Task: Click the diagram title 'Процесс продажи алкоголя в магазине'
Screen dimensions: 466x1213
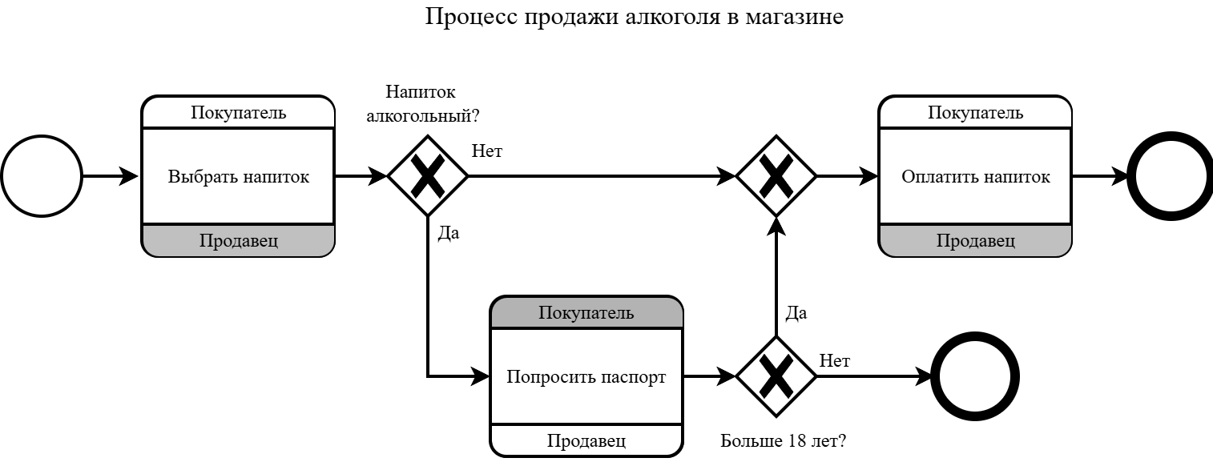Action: (x=634, y=17)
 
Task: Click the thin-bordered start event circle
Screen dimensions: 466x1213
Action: (x=42, y=176)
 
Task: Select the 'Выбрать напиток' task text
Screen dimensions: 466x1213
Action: (x=238, y=177)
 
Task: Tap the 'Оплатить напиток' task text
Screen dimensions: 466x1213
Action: (x=975, y=177)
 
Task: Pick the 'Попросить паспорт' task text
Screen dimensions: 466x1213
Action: (x=586, y=377)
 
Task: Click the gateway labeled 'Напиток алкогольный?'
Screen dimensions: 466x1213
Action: (x=428, y=176)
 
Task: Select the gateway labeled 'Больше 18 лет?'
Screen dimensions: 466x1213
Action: (x=776, y=376)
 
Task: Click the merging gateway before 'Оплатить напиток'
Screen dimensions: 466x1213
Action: (x=776, y=176)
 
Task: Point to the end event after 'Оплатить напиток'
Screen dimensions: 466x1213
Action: (x=1170, y=176)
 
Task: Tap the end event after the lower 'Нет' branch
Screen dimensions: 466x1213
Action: (x=976, y=376)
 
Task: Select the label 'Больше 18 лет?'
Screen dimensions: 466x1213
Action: (x=784, y=441)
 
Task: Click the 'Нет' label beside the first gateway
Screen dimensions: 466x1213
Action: (x=487, y=151)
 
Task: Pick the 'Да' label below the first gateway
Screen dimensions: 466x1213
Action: (x=449, y=235)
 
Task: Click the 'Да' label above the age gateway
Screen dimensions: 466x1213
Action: (x=796, y=313)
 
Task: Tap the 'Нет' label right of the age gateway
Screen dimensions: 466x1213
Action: (x=834, y=361)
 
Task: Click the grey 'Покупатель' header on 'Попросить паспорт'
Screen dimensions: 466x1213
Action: (x=586, y=313)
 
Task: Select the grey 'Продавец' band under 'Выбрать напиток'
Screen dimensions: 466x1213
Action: (x=238, y=241)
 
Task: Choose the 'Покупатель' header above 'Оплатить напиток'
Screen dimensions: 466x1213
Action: (x=975, y=113)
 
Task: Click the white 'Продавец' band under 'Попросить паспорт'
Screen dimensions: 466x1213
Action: (x=586, y=441)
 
